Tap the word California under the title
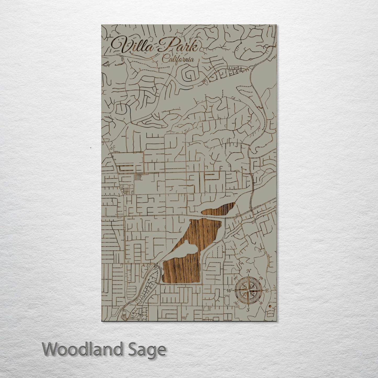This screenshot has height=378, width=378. (x=178, y=59)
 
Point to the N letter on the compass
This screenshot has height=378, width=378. (x=249, y=271)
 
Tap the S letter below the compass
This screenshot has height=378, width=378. (x=248, y=310)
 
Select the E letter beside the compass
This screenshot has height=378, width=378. (x=267, y=290)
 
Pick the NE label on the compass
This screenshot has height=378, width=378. (x=261, y=278)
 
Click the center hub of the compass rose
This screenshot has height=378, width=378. (x=248, y=290)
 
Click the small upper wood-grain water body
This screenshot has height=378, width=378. (x=220, y=209)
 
